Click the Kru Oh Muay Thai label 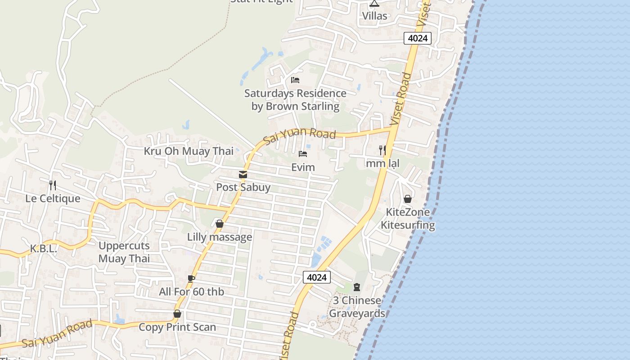(x=189, y=151)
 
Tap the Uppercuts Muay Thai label (x=124, y=252)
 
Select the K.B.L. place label (x=43, y=248)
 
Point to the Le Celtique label (x=53, y=198)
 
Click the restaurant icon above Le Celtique (x=53, y=184)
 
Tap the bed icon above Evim (x=303, y=154)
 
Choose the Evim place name (x=303, y=167)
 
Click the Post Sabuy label (x=243, y=187)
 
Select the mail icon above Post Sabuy (x=243, y=175)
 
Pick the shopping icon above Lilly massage (x=220, y=224)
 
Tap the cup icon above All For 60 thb (x=191, y=279)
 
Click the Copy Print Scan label (x=177, y=327)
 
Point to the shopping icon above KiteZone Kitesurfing (x=408, y=199)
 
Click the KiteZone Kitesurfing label (x=408, y=218)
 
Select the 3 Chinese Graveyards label (x=357, y=307)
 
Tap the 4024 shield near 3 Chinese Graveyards (x=316, y=277)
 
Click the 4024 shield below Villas (x=417, y=38)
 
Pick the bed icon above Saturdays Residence (x=295, y=80)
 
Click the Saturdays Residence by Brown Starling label (x=295, y=100)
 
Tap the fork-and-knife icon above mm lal (x=382, y=150)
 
